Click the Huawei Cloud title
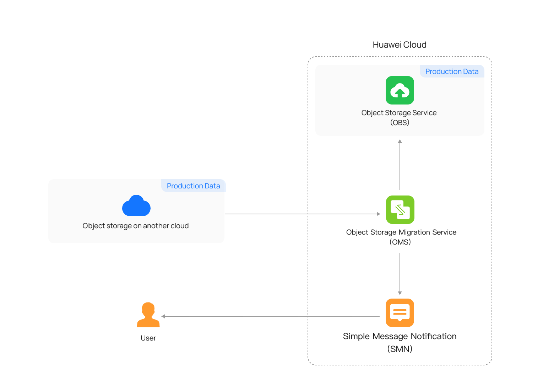pos(400,45)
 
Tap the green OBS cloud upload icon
pos(400,90)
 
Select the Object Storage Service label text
pos(399,113)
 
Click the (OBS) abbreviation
pos(400,122)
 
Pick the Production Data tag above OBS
pos(452,71)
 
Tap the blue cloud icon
pos(136,205)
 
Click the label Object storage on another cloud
pos(136,226)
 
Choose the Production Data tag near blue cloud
pos(194,186)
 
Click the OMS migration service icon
pos(400,210)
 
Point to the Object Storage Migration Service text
pos(401,232)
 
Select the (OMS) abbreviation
pos(400,242)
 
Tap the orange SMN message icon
pos(400,313)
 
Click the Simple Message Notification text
pos(400,336)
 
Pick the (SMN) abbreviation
pos(400,349)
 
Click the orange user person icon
pos(148,315)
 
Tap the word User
pos(148,338)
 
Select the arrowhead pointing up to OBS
pos(400,141)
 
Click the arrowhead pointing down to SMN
pos(400,293)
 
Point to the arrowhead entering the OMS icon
pos(379,214)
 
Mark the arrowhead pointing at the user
pos(163,316)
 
